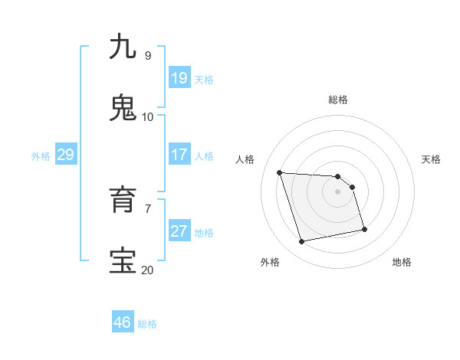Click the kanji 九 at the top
(x=123, y=47)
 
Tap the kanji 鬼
(x=123, y=108)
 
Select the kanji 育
(x=123, y=200)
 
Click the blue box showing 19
(x=179, y=78)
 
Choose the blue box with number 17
(x=179, y=155)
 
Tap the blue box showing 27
(x=179, y=231)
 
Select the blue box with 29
(x=65, y=155)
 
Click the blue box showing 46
(x=123, y=322)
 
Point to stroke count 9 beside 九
(x=147, y=56)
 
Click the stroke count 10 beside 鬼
(x=147, y=117)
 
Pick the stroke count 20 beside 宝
(x=147, y=270)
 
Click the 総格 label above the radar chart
(x=338, y=100)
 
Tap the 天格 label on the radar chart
(x=431, y=159)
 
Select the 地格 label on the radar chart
(x=402, y=262)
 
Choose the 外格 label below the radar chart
(x=270, y=262)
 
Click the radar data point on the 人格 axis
(x=280, y=172)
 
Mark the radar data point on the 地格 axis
(x=364, y=229)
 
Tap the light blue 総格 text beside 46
(x=147, y=324)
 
